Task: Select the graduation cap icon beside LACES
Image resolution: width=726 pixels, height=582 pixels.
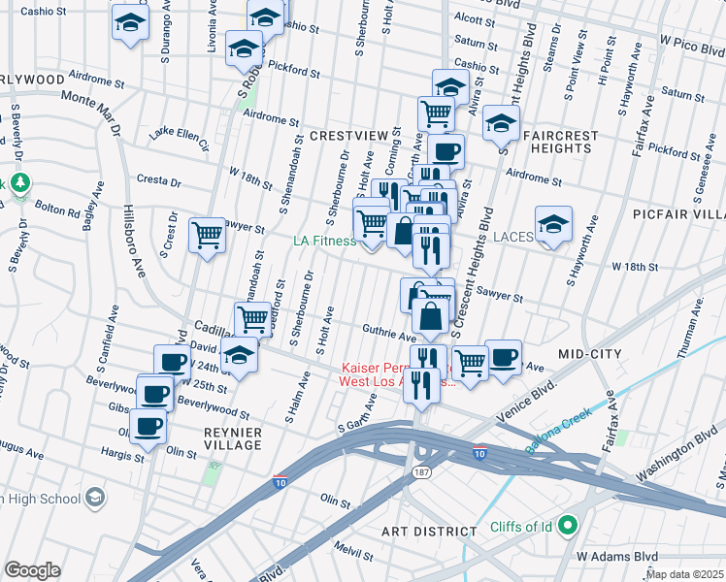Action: [552, 223]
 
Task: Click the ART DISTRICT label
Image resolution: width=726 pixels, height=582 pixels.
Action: [428, 532]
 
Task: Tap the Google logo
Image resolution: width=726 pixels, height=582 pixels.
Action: [32, 570]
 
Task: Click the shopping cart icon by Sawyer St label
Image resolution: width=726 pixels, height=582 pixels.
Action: [208, 234]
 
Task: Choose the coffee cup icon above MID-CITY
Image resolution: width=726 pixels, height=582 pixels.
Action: [503, 356]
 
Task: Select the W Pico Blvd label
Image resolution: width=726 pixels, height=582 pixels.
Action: [692, 43]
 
